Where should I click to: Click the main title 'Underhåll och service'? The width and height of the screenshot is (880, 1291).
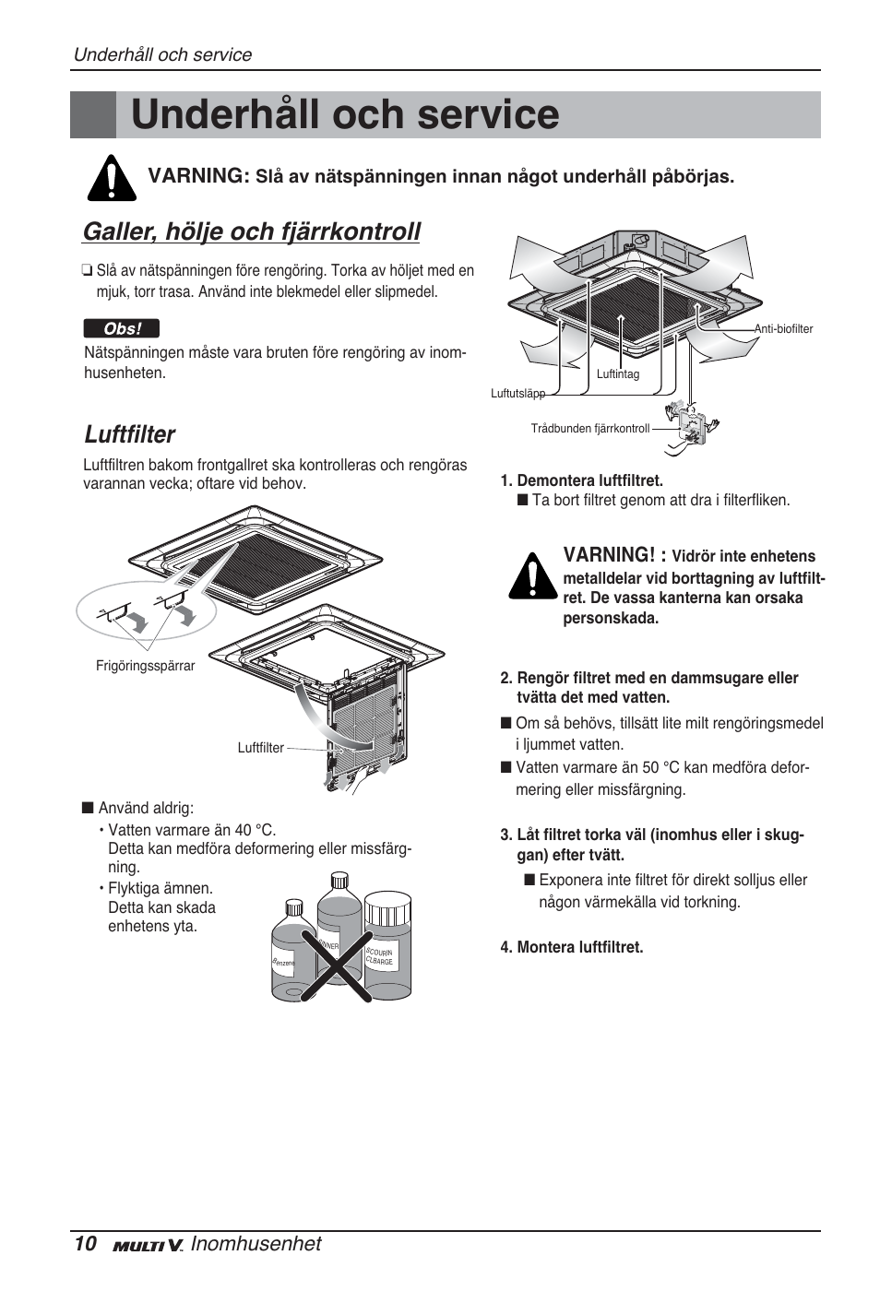pos(345,115)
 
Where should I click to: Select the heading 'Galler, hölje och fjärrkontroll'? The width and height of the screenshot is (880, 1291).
pos(251,231)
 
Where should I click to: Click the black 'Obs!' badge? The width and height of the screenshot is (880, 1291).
pos(121,329)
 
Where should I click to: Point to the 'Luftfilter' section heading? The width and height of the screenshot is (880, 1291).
pos(129,434)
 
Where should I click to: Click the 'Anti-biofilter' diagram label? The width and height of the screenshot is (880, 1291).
pos(783,329)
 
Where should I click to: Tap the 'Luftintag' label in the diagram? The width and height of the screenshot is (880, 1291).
pos(617,374)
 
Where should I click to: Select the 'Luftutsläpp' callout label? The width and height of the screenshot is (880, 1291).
pos(517,394)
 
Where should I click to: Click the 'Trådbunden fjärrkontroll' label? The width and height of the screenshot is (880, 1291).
pos(589,429)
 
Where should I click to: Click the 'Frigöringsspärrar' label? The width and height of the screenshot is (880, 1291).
pos(145,666)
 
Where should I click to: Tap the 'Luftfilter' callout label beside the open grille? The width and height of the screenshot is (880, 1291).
pos(260,748)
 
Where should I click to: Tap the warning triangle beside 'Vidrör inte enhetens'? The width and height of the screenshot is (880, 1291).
pos(531,577)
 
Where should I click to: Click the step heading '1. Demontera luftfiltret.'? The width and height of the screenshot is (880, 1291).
pos(582,480)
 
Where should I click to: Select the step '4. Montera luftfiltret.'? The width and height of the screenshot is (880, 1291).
pos(572,947)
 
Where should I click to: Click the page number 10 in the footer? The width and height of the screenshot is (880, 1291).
pos(84,1244)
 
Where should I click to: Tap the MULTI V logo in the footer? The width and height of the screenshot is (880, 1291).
pos(149,1246)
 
